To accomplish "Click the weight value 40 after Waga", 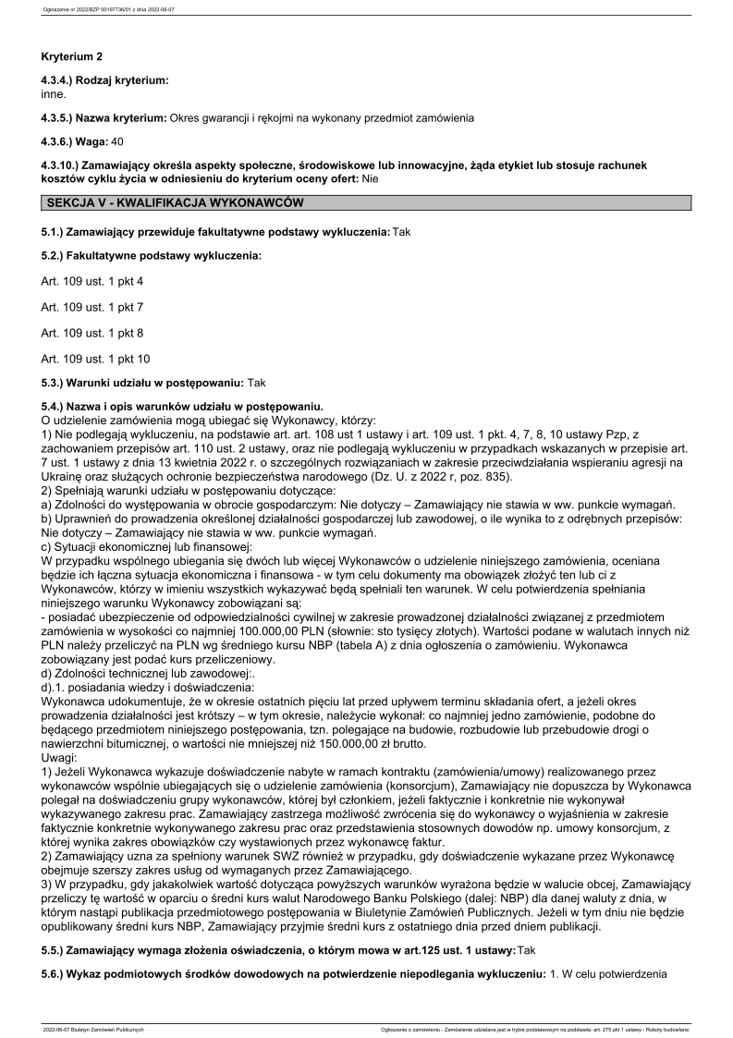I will tap(116, 141).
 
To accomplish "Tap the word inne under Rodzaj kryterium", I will tap(55, 94).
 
